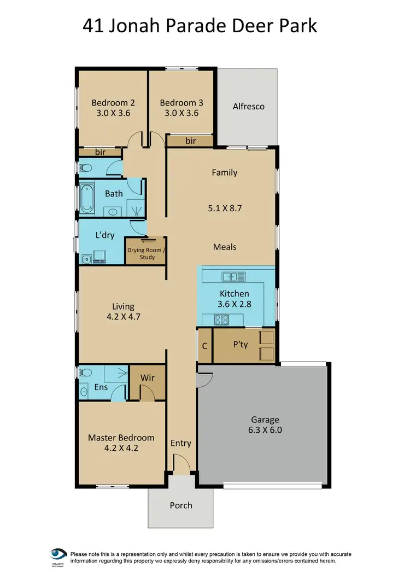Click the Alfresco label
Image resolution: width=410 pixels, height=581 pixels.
click(x=248, y=106)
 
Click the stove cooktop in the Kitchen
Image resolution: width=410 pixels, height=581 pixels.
click(x=220, y=319)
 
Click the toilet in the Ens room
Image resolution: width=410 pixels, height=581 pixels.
click(x=84, y=373)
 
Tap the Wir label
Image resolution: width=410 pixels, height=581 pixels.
click(x=147, y=377)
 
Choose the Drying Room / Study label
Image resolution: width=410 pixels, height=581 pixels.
click(x=145, y=254)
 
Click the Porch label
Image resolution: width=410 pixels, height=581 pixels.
click(x=180, y=505)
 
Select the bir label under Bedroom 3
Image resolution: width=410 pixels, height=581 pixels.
click(x=190, y=141)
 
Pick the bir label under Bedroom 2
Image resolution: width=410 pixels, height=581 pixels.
click(x=100, y=152)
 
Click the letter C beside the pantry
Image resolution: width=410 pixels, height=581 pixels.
click(x=204, y=345)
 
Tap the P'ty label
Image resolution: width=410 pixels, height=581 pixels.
click(x=241, y=345)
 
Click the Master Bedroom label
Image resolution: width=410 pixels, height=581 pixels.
click(x=121, y=438)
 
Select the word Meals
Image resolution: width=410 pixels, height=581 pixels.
click(x=225, y=247)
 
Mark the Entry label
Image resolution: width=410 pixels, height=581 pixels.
click(x=180, y=443)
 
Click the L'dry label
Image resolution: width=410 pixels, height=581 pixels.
click(x=104, y=235)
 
